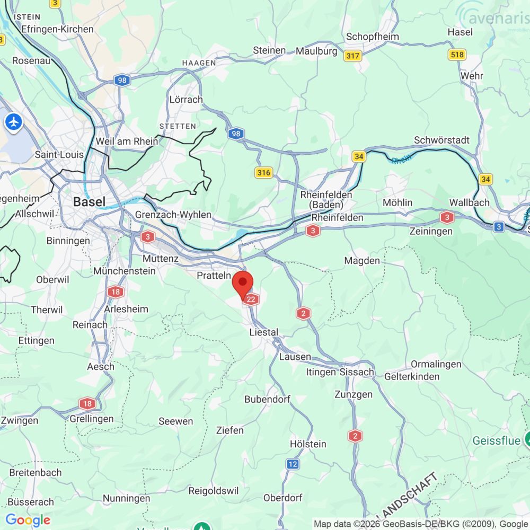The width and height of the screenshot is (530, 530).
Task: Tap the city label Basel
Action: tap(89, 202)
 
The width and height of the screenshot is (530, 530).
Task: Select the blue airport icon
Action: tap(13, 122)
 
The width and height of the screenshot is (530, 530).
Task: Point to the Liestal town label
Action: tap(264, 332)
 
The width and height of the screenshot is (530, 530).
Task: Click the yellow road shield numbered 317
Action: tap(352, 56)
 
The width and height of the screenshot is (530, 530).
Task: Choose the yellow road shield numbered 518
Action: tap(456, 55)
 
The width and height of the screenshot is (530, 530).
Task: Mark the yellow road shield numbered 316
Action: tap(263, 173)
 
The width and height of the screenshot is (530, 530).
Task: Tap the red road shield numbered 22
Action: tap(252, 299)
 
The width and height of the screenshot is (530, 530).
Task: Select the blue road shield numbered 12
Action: tap(293, 464)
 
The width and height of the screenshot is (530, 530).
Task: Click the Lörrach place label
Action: tap(186, 100)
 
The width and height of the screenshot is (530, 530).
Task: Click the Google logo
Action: tap(27, 520)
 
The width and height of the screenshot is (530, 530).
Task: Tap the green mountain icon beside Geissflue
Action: tap(527, 439)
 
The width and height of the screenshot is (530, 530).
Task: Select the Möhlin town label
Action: tap(397, 203)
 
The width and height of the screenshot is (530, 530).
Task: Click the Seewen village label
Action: tap(176, 421)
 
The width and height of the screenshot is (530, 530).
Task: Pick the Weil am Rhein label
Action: tap(127, 142)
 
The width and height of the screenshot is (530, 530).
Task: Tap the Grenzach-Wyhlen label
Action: tap(173, 215)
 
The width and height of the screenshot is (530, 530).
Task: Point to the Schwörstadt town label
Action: tap(441, 140)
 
